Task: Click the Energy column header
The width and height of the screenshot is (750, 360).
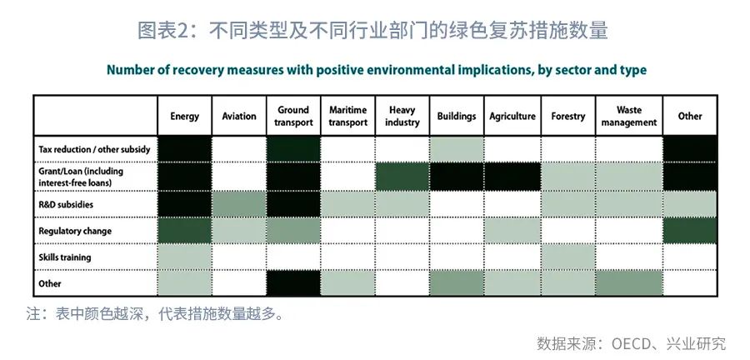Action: pyautogui.click(x=185, y=116)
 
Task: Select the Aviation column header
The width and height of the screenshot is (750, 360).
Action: pyautogui.click(x=239, y=116)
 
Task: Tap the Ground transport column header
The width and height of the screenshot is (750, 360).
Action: pyautogui.click(x=293, y=116)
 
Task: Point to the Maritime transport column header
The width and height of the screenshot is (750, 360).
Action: pyautogui.click(x=348, y=116)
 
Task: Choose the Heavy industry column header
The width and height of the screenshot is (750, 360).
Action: pyautogui.click(x=402, y=116)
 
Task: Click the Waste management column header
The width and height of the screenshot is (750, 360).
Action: pyautogui.click(x=629, y=116)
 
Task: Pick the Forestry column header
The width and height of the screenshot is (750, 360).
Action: pyautogui.click(x=568, y=116)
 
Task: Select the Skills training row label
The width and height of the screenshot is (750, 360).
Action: pyautogui.click(x=64, y=257)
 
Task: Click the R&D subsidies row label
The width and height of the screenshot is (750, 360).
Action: pyautogui.click(x=66, y=205)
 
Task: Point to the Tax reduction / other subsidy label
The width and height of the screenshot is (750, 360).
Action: pyautogui.click(x=95, y=149)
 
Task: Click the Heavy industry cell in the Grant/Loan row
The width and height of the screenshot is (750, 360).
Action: pyautogui.click(x=402, y=177)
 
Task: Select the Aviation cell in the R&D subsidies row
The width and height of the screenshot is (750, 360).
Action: pyautogui.click(x=239, y=204)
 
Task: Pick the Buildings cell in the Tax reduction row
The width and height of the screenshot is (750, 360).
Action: pyautogui.click(x=457, y=148)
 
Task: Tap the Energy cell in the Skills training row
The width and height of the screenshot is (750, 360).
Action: pyautogui.click(x=185, y=257)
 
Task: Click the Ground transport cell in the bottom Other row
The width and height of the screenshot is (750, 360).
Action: pyautogui.click(x=293, y=283)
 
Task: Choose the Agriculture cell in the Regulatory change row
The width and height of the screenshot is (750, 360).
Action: pyautogui.click(x=512, y=231)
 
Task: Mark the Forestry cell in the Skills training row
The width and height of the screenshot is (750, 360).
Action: pyautogui.click(x=568, y=257)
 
